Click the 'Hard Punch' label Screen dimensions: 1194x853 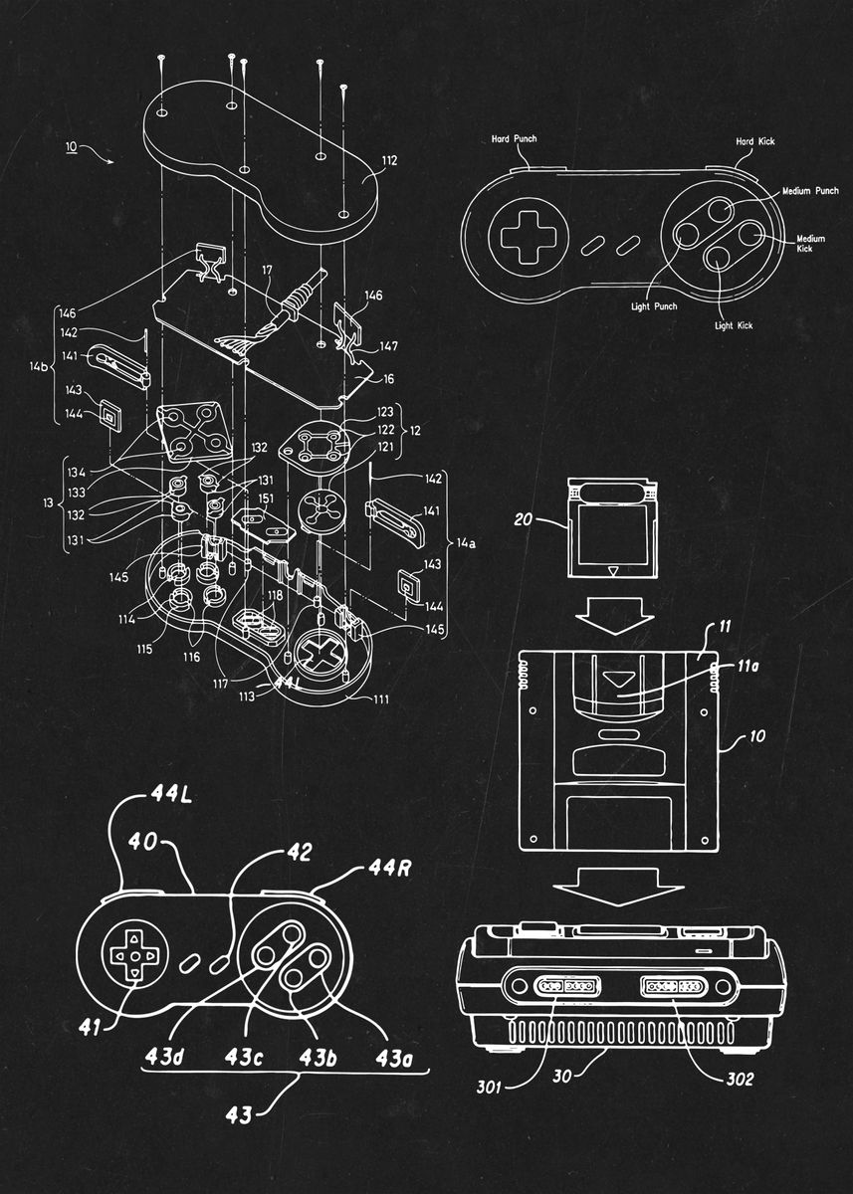[x=514, y=139]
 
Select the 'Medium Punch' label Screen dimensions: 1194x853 [x=810, y=190]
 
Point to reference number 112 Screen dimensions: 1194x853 [x=388, y=159]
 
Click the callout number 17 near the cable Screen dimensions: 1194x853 [x=266, y=270]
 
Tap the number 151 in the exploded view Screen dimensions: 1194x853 [x=266, y=498]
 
